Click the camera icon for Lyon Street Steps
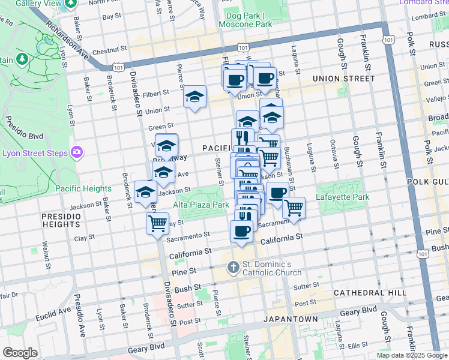point(76,152)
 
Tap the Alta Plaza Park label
point(201,205)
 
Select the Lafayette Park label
point(344,197)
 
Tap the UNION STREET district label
point(343,79)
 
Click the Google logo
point(20,353)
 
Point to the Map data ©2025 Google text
point(412,355)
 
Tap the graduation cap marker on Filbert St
point(194,97)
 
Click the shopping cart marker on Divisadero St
point(157,223)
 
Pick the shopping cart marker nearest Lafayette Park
point(294,208)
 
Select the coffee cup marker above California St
point(241,231)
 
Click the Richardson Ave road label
point(68,41)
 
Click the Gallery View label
point(40,4)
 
